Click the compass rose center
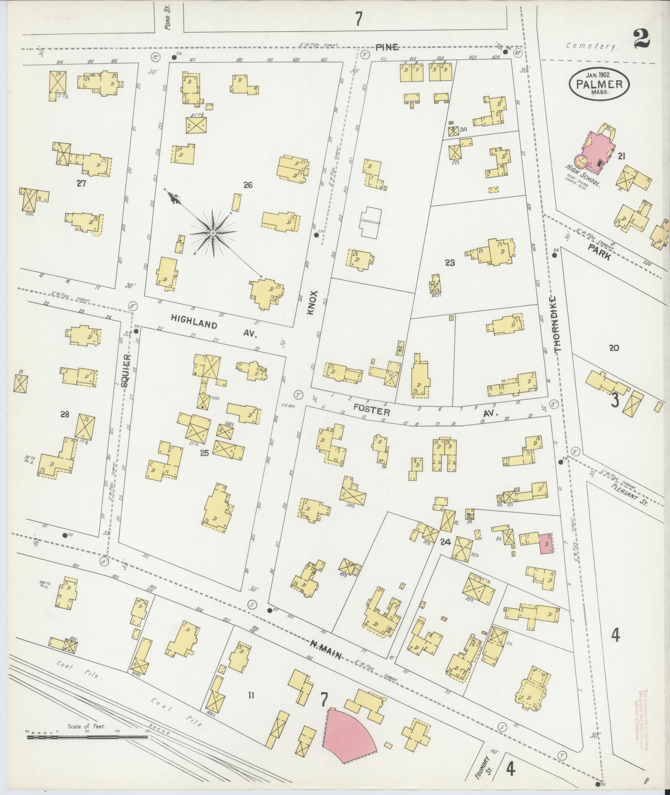click(x=213, y=233)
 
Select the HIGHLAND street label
click(x=194, y=322)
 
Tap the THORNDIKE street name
click(x=557, y=325)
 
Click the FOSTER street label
click(x=372, y=411)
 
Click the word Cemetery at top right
click(x=592, y=47)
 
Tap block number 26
click(x=248, y=185)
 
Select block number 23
click(x=450, y=263)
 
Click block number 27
click(x=81, y=183)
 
